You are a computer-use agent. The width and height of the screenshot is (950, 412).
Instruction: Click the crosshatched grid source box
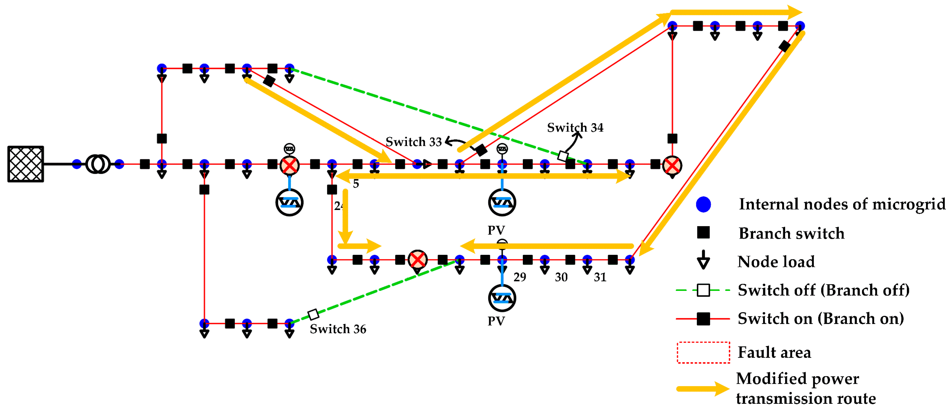click(26, 164)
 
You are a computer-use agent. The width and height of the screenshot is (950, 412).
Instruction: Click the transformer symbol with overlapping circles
click(98, 164)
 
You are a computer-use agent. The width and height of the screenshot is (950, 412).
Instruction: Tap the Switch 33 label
click(413, 142)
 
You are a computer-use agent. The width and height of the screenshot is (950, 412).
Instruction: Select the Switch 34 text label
click(575, 128)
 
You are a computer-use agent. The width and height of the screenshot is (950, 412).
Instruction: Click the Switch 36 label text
click(338, 329)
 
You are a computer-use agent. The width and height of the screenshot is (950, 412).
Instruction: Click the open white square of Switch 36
click(313, 314)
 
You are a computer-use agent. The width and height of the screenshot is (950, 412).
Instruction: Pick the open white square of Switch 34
click(563, 156)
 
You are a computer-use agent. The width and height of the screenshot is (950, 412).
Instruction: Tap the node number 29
click(520, 277)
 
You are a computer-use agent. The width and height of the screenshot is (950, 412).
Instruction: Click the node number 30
click(561, 277)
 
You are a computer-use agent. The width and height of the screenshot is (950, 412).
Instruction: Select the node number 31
click(600, 277)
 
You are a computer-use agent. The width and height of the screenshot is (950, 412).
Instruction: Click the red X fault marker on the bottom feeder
click(417, 260)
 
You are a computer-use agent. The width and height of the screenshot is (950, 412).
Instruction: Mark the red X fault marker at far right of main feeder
click(672, 165)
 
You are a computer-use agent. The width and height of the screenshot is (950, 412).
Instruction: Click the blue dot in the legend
click(703, 204)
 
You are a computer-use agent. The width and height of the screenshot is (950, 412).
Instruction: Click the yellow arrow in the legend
click(703, 389)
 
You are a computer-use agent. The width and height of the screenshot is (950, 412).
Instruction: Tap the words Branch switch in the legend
click(791, 233)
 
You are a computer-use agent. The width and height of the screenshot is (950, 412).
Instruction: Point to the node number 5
click(356, 184)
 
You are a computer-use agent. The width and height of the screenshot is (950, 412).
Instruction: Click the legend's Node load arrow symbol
click(703, 260)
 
